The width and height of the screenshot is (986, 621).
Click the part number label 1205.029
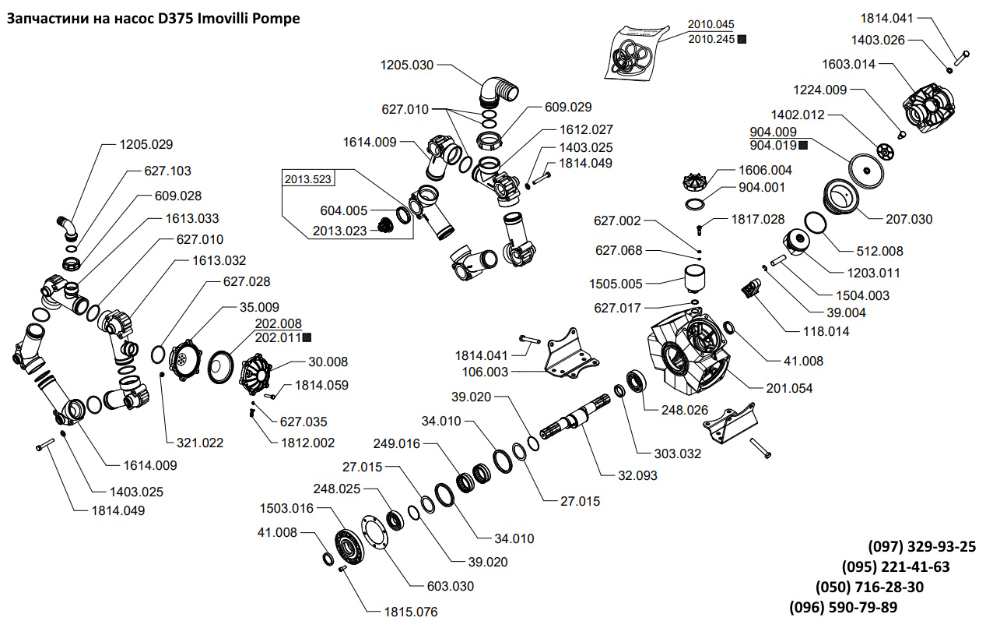click(146, 144)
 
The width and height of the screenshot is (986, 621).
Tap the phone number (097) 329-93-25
click(921, 547)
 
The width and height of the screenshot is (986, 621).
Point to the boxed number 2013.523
click(307, 179)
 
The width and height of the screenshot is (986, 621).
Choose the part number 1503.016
click(286, 509)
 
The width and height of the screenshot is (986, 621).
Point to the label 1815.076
click(410, 612)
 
